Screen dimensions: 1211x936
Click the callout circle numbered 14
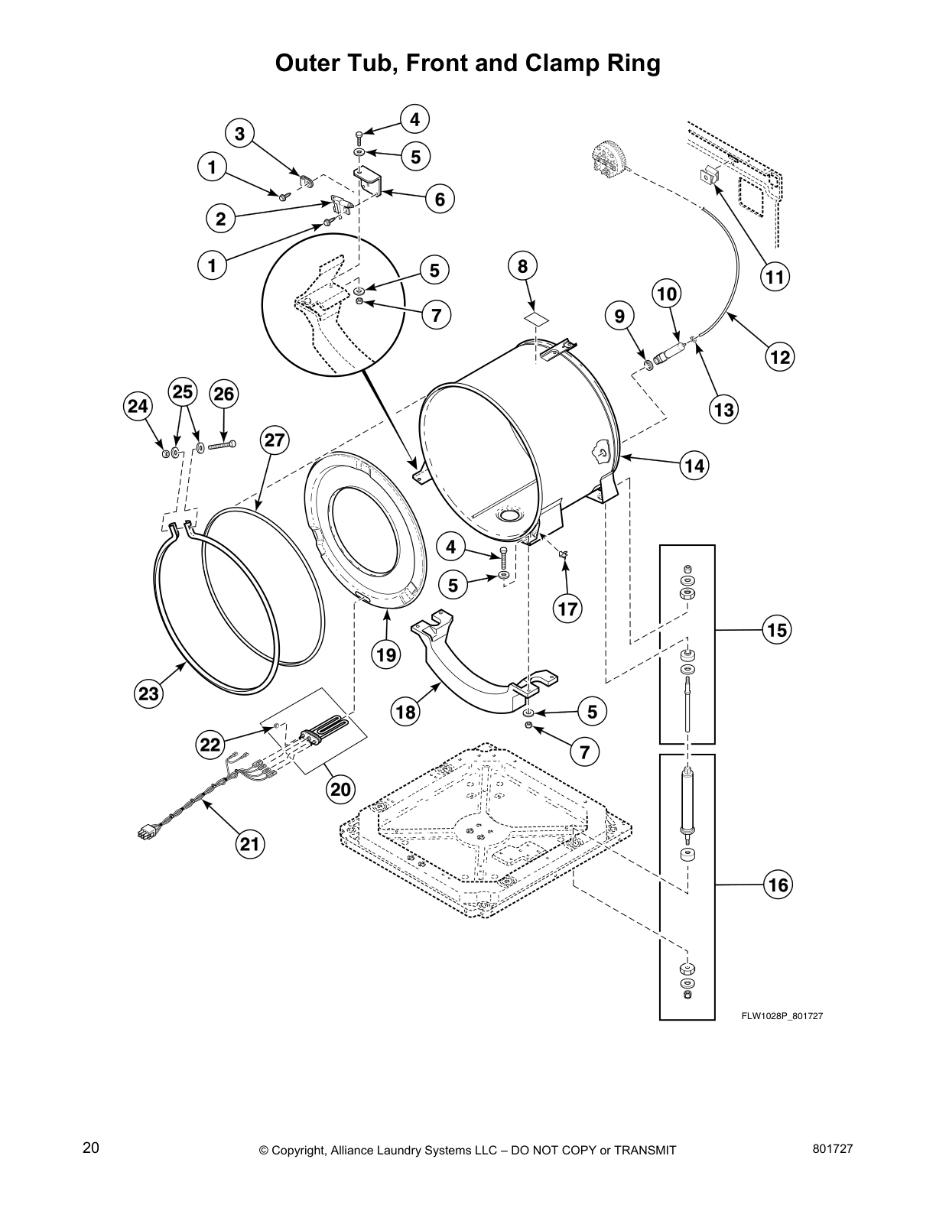[695, 466]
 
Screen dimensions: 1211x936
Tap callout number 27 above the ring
[275, 440]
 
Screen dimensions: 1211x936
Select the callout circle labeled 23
[148, 693]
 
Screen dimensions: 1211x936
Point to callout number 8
[522, 266]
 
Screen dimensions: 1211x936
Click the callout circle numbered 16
[777, 885]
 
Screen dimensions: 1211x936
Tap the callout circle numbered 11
[775, 277]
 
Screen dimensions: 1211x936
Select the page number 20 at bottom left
[91, 1148]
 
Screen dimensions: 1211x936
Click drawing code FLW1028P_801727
[780, 1016]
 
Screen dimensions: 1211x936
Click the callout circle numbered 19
[386, 654]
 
